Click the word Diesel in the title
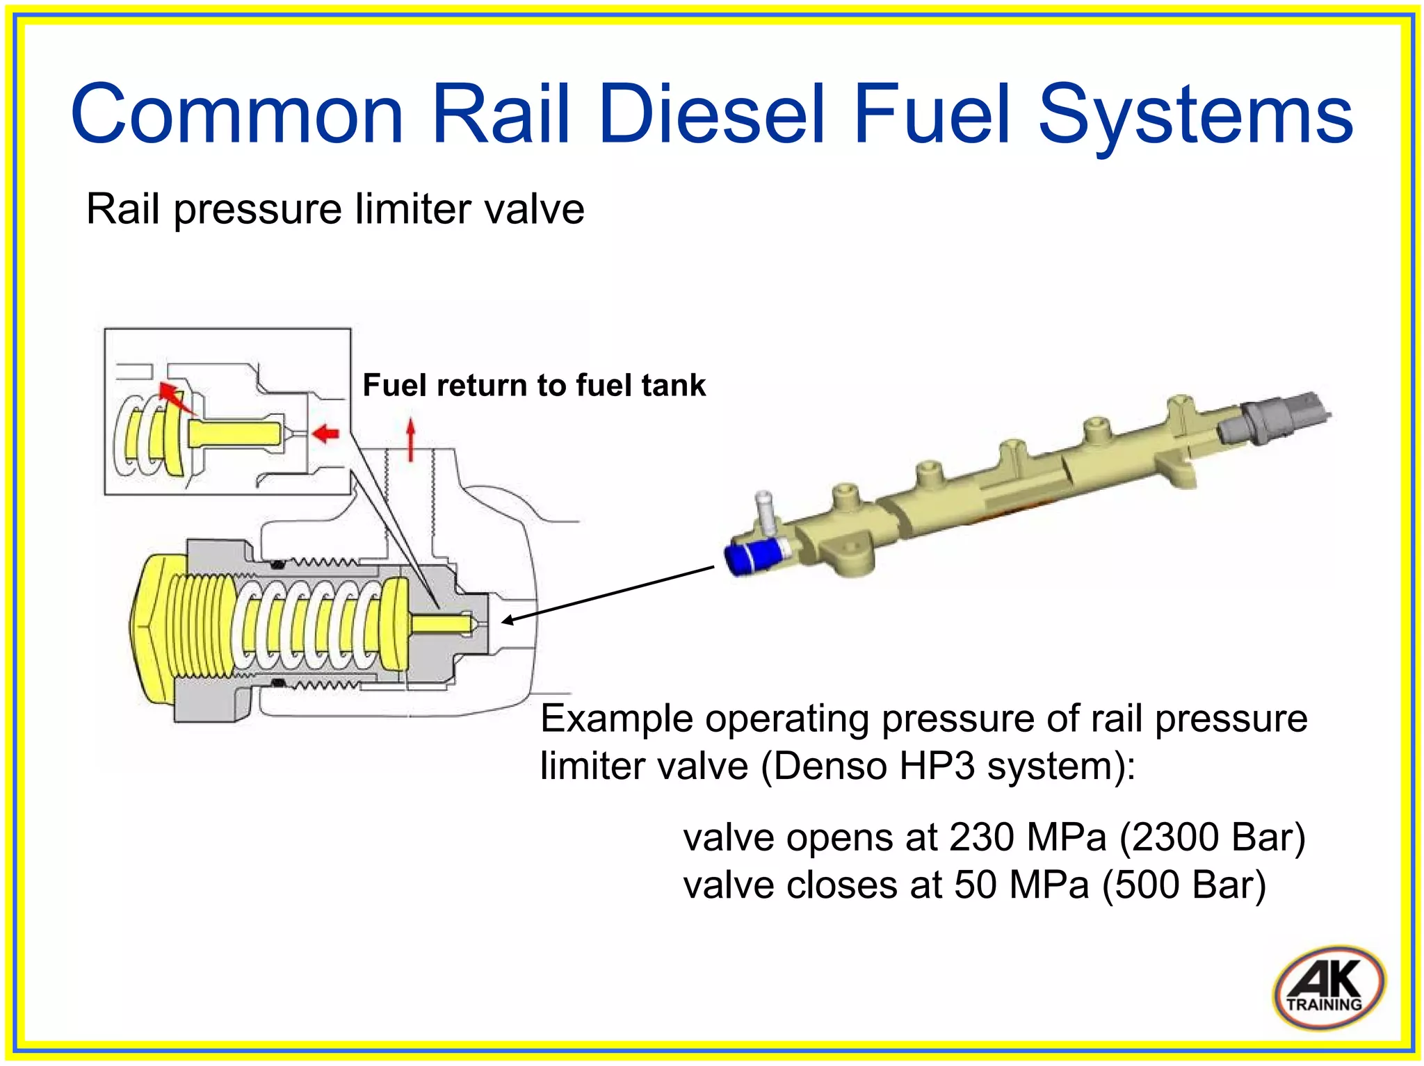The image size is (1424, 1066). [713, 115]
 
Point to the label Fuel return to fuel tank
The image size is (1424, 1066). [533, 385]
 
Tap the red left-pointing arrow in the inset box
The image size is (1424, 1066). [325, 434]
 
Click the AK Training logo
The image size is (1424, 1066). [1327, 987]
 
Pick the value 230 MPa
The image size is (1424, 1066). [1027, 837]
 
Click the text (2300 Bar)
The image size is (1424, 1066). [1212, 837]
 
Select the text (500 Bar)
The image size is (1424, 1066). [1184, 885]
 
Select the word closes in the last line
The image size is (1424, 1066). [834, 885]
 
